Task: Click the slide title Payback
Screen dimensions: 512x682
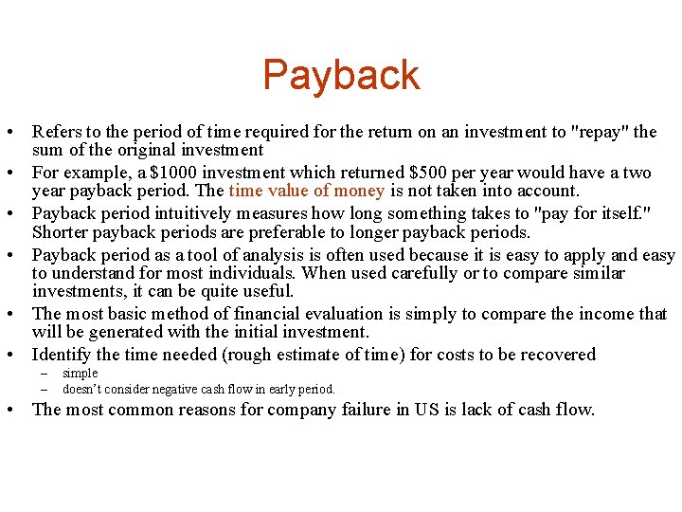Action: pos(341,76)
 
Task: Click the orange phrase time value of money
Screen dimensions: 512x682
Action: pos(306,191)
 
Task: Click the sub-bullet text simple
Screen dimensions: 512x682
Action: pos(81,374)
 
